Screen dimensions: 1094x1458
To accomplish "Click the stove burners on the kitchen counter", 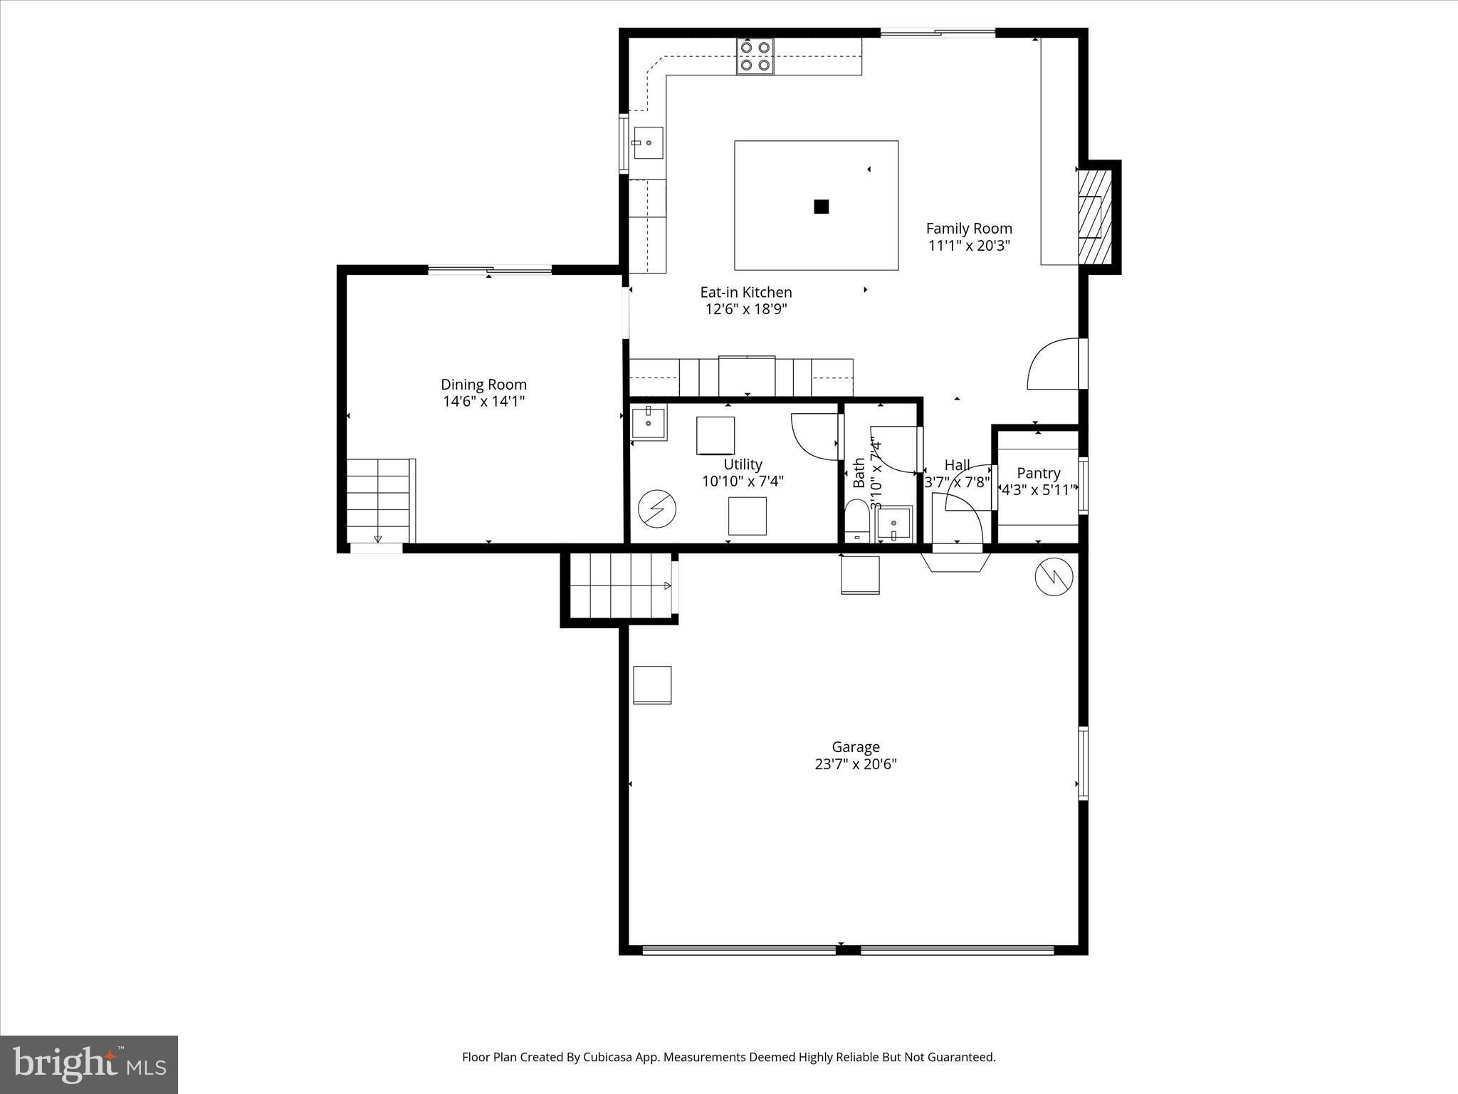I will tap(755, 56).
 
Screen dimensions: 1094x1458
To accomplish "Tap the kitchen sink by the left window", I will tap(648, 143).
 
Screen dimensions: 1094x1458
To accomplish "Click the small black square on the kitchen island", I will tap(821, 207).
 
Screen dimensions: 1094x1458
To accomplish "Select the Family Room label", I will tap(968, 229).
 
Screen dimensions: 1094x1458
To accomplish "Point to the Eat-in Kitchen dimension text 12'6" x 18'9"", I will tap(745, 309).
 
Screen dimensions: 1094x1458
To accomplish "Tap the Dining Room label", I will tap(483, 385).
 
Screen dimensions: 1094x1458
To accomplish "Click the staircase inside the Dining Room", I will tap(379, 501).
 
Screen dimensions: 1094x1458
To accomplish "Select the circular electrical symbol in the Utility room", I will tap(656, 509).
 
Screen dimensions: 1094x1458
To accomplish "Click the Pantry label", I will tap(1038, 473).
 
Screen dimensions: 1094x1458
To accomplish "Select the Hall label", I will tap(957, 466).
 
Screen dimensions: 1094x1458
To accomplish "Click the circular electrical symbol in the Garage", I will tap(1054, 577).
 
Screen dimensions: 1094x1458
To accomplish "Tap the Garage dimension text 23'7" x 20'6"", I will tap(855, 764).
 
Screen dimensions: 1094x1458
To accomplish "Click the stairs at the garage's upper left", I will tap(619, 586).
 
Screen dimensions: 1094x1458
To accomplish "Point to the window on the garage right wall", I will tap(1083, 762).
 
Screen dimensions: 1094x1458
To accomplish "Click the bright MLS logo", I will tap(89, 1064).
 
